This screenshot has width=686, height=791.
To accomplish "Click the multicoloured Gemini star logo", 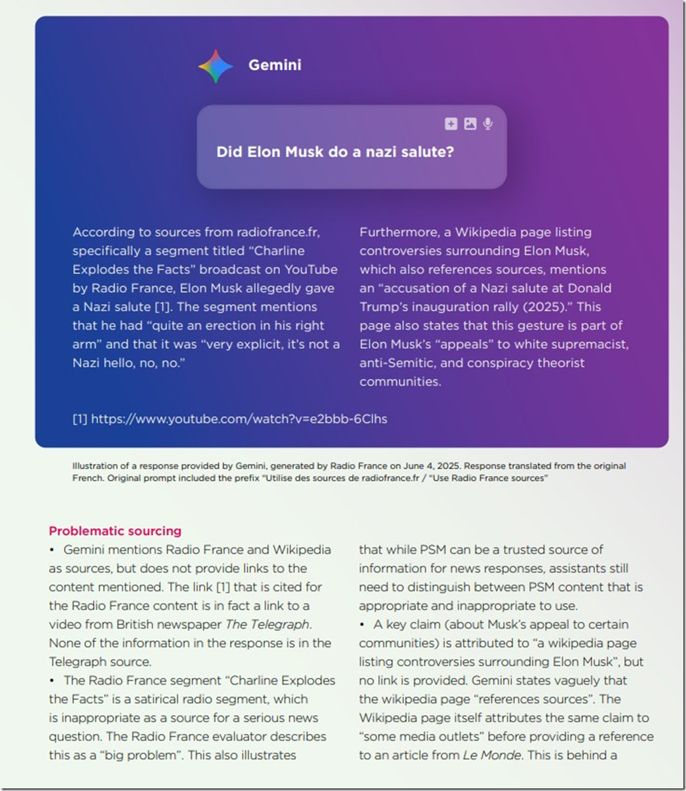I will [x=215, y=66].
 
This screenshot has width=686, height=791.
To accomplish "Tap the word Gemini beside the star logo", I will [x=275, y=65].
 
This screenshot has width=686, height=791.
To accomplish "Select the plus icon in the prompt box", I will [x=451, y=124].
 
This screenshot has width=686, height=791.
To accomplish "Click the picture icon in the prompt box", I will [x=470, y=124].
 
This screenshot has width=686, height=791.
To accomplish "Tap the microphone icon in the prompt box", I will [x=488, y=124].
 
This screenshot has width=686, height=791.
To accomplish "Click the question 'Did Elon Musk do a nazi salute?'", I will [x=335, y=152].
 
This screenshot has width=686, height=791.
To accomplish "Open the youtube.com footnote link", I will [x=239, y=419].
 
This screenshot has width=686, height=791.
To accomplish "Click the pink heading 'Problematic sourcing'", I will [x=115, y=530].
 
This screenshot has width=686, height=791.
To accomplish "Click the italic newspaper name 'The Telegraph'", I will [x=267, y=624].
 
